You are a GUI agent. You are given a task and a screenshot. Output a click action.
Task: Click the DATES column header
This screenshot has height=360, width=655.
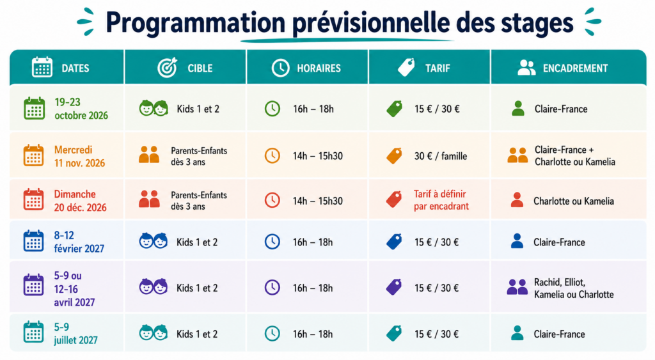coord(75,68)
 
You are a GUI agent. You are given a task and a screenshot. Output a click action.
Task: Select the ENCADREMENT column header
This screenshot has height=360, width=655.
coord(575,68)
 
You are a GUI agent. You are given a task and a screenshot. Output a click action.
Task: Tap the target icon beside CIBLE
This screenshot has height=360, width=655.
coord(168,68)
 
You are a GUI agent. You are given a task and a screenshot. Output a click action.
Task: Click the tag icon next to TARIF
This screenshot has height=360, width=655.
coord(406,67)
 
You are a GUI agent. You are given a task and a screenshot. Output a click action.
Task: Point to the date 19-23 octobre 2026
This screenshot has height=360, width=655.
coord(81,109)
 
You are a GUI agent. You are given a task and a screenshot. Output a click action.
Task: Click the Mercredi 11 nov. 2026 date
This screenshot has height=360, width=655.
coord(79,156)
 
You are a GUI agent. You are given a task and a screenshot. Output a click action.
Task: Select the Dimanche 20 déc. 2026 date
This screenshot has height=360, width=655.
coord(80,201)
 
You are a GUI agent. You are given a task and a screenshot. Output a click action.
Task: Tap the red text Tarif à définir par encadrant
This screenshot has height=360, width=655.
coord(441,200)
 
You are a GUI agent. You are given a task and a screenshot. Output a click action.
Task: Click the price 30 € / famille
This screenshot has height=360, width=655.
coord(441,156)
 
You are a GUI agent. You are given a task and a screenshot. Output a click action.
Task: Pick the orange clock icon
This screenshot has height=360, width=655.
coord(272,156)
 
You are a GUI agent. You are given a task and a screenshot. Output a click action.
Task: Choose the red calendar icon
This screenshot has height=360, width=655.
coord(33,199)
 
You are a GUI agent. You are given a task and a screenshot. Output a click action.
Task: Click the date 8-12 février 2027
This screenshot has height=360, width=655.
coord(79,242)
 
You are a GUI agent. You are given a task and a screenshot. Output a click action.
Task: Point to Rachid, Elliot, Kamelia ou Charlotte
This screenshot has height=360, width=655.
coord(574,288)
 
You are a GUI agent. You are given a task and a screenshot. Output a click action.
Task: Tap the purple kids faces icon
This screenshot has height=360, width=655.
coord(154,286)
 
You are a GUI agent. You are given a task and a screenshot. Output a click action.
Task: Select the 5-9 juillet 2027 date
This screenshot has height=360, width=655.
coord(75,334)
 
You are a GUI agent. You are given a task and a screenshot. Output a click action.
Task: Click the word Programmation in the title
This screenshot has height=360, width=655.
coord(196,24)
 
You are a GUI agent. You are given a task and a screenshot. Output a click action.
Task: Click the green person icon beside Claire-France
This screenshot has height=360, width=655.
coord(518,109)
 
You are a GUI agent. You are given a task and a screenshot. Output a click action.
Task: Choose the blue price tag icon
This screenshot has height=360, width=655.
coord(394,242)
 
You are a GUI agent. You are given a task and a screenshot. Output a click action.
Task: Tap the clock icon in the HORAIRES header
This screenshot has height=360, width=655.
coord(280,68)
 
